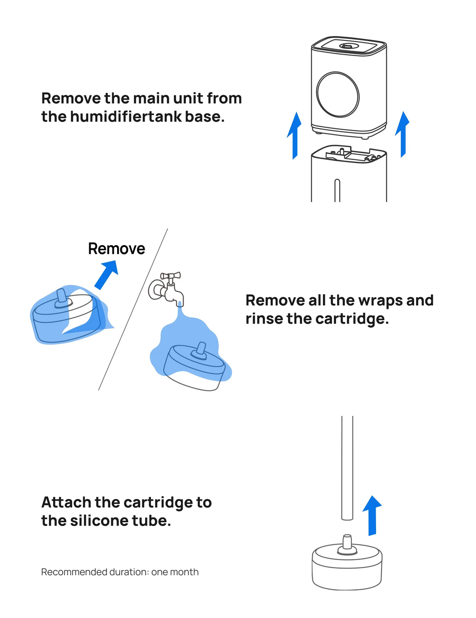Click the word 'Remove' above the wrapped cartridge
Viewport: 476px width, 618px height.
[x=116, y=249]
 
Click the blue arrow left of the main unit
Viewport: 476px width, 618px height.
[x=294, y=135]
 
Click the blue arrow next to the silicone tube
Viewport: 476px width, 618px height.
[x=372, y=515]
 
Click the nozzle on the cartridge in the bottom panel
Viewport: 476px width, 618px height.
[x=347, y=543]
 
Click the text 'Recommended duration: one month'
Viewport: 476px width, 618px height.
[x=119, y=572]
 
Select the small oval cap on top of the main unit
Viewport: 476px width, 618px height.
[x=347, y=46]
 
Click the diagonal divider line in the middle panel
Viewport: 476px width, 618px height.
[x=133, y=309]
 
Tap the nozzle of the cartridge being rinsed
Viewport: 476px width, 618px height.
[x=201, y=350]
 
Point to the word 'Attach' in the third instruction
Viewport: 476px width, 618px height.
[x=66, y=502]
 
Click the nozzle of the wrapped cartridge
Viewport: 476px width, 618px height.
[x=61, y=299]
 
